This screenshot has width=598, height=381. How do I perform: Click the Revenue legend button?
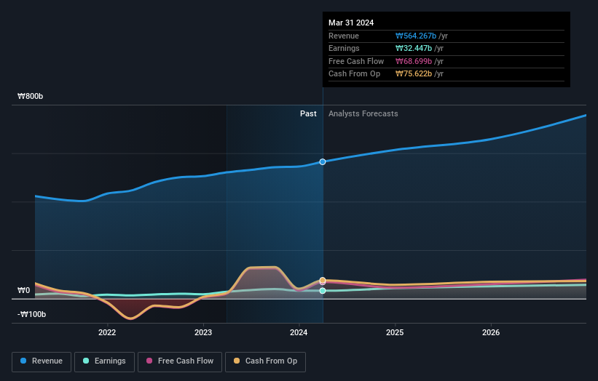click(41, 361)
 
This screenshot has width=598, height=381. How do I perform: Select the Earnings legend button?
click(104, 361)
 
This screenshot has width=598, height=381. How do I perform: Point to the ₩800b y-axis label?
click(32, 97)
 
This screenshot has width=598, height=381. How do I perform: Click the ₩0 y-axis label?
click(23, 290)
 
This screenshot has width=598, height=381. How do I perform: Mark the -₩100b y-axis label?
click(32, 314)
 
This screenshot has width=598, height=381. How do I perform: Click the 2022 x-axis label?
click(107, 333)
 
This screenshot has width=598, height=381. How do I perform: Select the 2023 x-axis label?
click(203, 333)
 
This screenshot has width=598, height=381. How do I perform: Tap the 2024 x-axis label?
click(299, 333)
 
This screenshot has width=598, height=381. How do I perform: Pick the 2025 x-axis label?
click(395, 333)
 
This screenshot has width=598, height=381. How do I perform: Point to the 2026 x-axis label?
click(491, 333)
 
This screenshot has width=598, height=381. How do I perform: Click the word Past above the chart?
click(308, 113)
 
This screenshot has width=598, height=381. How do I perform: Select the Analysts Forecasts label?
click(363, 113)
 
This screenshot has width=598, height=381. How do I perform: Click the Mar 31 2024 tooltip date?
click(351, 23)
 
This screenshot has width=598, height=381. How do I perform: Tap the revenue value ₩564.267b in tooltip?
click(416, 36)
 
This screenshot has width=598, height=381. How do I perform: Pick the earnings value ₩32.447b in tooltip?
click(414, 48)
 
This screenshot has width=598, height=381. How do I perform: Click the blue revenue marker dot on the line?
click(323, 161)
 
